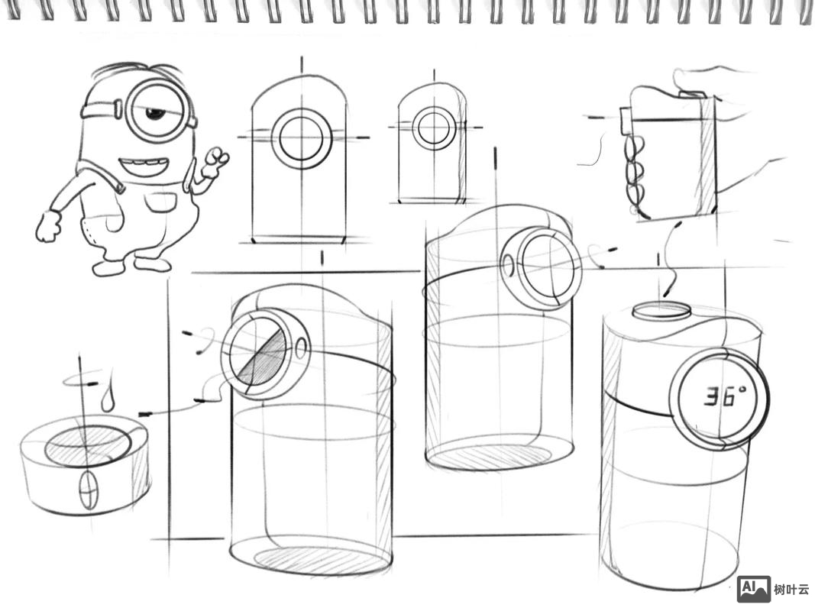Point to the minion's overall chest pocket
[160, 202]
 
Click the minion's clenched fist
[48, 226]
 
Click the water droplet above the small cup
[108, 396]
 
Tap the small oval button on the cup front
[89, 489]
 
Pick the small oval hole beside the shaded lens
[302, 348]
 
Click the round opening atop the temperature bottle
[661, 311]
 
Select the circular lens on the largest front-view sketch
[302, 138]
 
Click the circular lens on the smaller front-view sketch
[433, 128]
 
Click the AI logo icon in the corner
[754, 588]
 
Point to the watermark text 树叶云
[791, 589]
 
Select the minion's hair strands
[136, 70]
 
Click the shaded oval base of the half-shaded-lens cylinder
[311, 560]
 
